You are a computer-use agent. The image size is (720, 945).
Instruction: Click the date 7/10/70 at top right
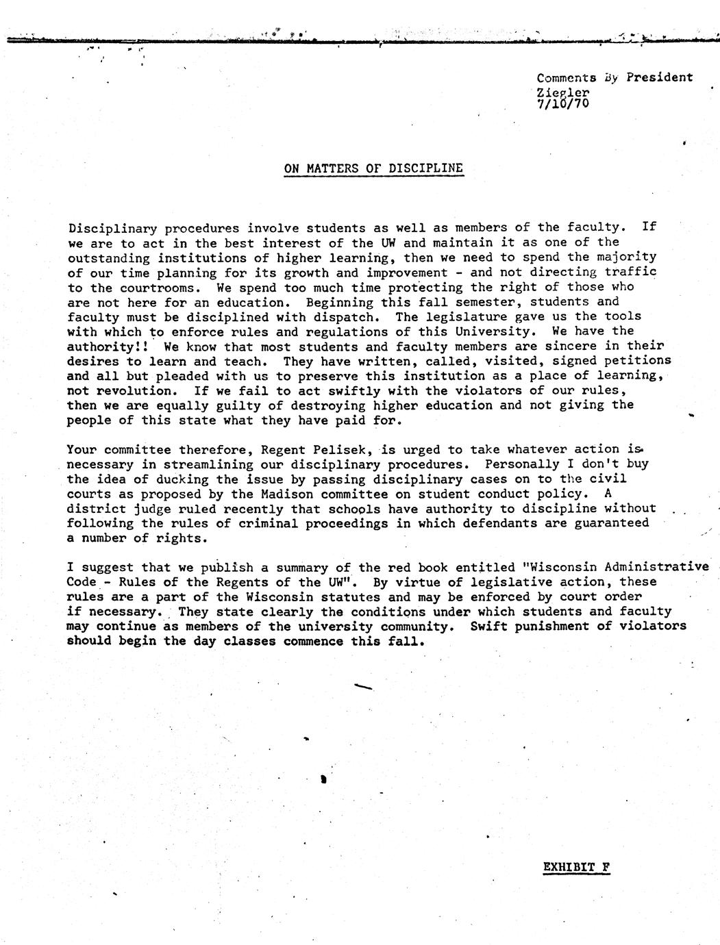[x=562, y=103]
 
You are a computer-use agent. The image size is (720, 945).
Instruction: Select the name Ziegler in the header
[x=562, y=92]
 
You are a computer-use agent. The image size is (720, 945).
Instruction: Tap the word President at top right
[x=659, y=77]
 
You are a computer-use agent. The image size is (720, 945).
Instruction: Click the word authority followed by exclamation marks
[x=102, y=347]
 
